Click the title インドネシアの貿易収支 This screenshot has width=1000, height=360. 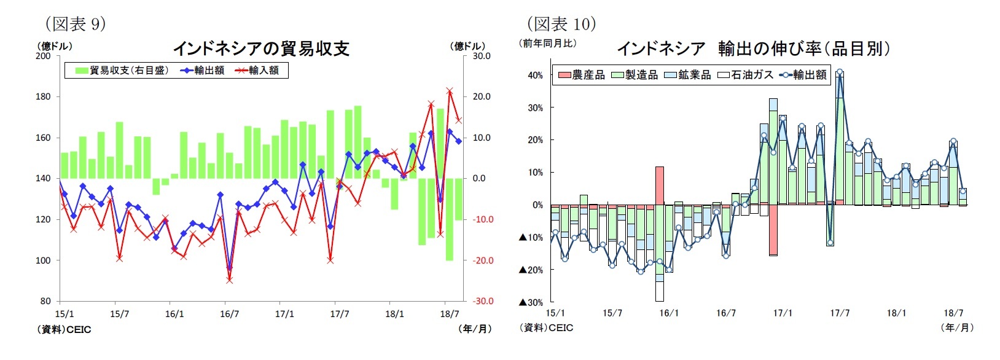[x=262, y=49]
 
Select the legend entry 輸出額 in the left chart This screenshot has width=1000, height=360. [x=209, y=71]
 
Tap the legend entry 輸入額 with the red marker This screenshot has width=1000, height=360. [x=264, y=71]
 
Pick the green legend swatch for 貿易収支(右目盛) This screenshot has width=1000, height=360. [x=82, y=71]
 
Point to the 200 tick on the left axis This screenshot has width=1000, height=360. [x=43, y=56]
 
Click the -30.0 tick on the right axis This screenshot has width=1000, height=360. [x=482, y=301]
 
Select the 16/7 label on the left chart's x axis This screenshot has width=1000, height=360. [x=229, y=314]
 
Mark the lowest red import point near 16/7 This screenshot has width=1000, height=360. [x=229, y=280]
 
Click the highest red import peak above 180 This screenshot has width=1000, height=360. [x=450, y=91]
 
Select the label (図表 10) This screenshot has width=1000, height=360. [x=561, y=24]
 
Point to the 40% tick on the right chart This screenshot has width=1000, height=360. [x=535, y=76]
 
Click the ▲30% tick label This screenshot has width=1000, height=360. [x=532, y=302]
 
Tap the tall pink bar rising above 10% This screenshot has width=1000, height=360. [x=660, y=185]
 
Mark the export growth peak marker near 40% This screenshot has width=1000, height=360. [x=840, y=72]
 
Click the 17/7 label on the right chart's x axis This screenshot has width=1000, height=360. [x=840, y=313]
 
